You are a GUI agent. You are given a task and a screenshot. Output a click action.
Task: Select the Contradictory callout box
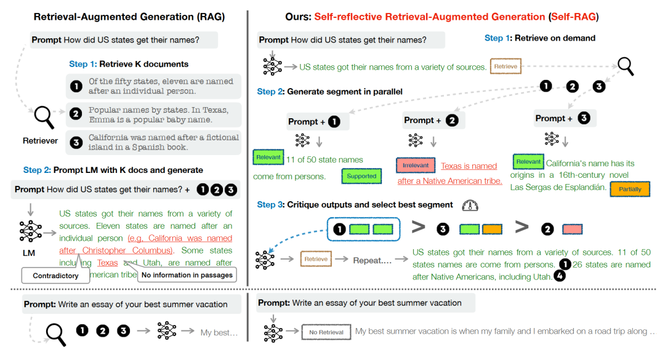point(55,275)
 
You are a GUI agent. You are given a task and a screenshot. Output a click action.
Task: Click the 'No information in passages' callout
point(187,275)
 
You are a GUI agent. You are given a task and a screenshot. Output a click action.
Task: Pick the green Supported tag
point(361,176)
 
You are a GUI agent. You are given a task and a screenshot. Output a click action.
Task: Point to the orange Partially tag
point(629,190)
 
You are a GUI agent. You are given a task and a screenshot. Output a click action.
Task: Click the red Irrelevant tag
point(416,166)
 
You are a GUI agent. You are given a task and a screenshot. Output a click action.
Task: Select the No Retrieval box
point(326,332)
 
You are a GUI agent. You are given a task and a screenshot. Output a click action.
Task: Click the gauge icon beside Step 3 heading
point(470,206)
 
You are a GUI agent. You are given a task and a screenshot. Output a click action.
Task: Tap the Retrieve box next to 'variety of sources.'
point(506,66)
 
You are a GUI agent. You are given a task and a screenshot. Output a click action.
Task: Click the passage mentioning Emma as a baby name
point(154,114)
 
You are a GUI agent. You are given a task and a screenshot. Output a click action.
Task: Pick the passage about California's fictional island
point(154,142)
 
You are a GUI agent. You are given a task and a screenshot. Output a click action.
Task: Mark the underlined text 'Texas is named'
point(469,166)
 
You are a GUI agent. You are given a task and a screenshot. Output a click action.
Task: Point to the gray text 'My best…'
point(219,333)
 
